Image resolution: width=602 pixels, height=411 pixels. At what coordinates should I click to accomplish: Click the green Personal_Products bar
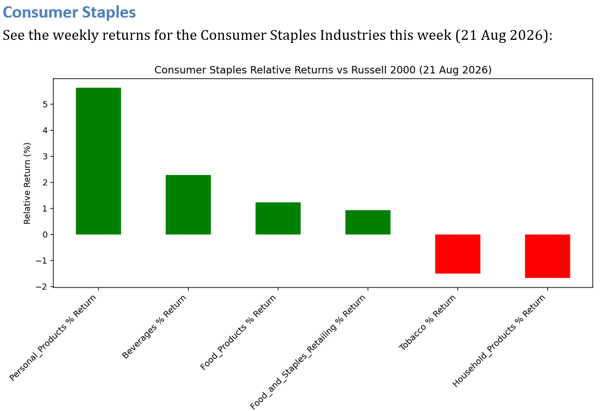98,161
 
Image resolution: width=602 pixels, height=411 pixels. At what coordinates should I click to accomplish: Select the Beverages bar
188,205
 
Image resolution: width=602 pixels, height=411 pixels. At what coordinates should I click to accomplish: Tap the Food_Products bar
278,218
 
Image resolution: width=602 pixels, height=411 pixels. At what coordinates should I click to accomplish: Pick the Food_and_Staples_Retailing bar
368,222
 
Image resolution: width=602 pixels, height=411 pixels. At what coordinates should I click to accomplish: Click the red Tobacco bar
458,254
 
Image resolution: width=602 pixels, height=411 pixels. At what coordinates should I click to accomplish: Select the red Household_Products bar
548,256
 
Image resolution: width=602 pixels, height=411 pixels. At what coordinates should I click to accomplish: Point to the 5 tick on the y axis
46,105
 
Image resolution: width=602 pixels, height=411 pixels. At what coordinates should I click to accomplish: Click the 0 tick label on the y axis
46,234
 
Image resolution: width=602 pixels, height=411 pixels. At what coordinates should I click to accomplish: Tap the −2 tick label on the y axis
42,287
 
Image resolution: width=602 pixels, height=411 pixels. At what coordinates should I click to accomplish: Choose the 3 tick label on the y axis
46,156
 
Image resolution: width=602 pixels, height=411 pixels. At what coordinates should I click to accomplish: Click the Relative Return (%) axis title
27,183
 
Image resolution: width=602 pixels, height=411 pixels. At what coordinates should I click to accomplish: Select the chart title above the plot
323,70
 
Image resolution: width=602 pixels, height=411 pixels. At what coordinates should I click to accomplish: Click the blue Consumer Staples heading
69,12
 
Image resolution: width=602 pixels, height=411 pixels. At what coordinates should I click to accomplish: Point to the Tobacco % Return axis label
427,322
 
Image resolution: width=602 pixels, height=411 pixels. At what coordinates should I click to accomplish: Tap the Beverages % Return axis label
154,327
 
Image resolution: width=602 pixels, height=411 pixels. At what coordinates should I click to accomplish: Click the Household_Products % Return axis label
499,341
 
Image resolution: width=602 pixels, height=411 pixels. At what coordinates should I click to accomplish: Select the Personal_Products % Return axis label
53,337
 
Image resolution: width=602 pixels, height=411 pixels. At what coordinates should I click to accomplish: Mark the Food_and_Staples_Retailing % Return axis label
308,352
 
